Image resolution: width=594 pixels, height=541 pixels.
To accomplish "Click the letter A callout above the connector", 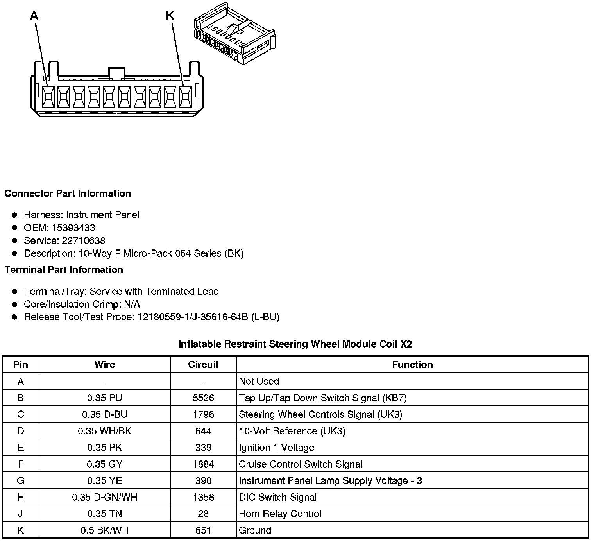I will point(34,16).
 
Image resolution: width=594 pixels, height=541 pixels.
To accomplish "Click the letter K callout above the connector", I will point(170,16).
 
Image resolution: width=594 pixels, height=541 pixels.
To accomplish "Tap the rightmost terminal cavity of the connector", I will point(185,96).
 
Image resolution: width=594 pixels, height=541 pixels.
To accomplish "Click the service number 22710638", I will point(83,240).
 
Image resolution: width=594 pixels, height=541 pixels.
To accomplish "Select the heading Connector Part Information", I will point(68,193).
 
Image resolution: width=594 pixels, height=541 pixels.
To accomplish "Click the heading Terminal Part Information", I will point(64,270).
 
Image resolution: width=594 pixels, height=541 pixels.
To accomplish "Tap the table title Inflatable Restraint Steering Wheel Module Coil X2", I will point(295,344).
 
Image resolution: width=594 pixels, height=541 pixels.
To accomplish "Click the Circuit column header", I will point(203,365).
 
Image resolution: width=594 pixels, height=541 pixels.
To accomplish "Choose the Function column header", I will point(412,365).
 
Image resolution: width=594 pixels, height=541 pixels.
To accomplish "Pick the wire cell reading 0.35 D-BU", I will point(105,414).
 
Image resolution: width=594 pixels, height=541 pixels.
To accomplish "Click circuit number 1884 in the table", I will point(203,464).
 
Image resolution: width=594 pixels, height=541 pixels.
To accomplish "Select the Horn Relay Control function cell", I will point(280,514).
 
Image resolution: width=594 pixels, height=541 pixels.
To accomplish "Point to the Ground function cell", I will point(255,530).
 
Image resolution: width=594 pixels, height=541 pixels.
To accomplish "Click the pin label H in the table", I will point(21,497).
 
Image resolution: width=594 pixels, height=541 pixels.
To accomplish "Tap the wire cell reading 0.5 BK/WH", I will point(105,530).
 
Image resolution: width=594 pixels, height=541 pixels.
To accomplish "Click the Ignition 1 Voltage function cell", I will point(276,448).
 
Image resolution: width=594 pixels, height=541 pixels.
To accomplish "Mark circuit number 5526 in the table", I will point(203,398).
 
